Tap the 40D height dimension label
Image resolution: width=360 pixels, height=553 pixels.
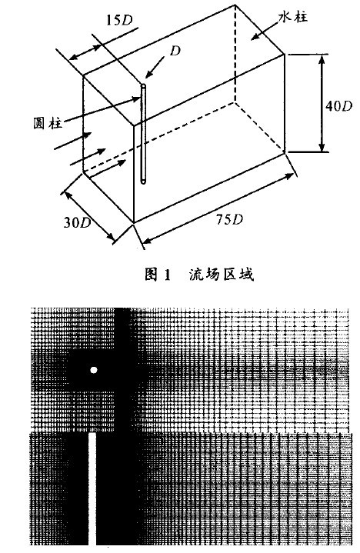click(338, 106)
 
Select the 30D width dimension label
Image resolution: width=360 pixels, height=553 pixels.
click(77, 222)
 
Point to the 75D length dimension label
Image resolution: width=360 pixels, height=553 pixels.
click(229, 220)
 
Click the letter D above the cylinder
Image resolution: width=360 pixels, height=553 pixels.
click(175, 51)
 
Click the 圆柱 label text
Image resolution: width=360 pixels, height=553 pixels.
click(47, 123)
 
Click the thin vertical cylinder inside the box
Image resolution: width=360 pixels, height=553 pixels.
click(144, 134)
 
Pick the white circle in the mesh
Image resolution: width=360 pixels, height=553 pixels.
click(93, 370)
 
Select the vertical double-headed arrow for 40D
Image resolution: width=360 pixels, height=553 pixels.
click(322, 103)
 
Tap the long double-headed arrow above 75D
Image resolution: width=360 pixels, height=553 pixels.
click(218, 208)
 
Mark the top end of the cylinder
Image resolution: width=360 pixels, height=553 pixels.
click(144, 85)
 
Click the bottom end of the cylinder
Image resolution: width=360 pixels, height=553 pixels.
click(144, 182)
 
